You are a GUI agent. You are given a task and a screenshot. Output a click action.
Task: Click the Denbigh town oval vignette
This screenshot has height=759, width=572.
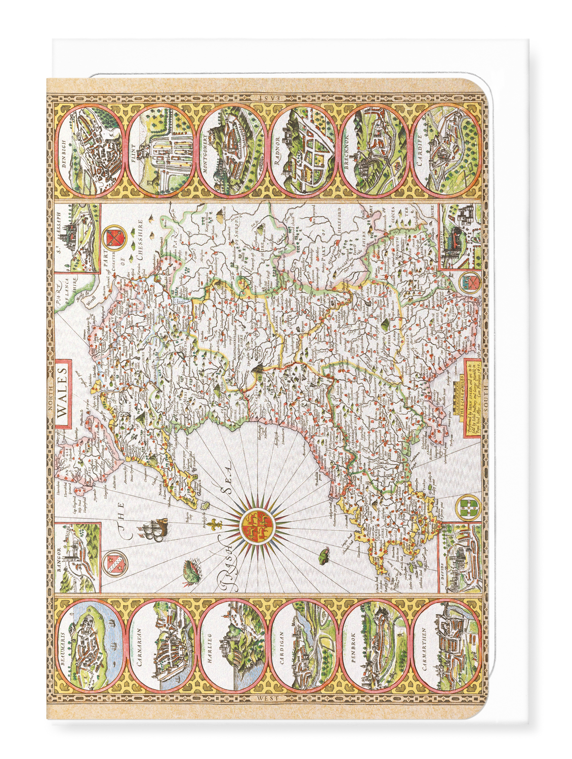[89, 151]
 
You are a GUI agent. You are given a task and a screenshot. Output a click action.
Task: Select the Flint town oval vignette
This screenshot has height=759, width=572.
[160, 151]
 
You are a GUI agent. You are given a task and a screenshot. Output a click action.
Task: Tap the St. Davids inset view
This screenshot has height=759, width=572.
[460, 558]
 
